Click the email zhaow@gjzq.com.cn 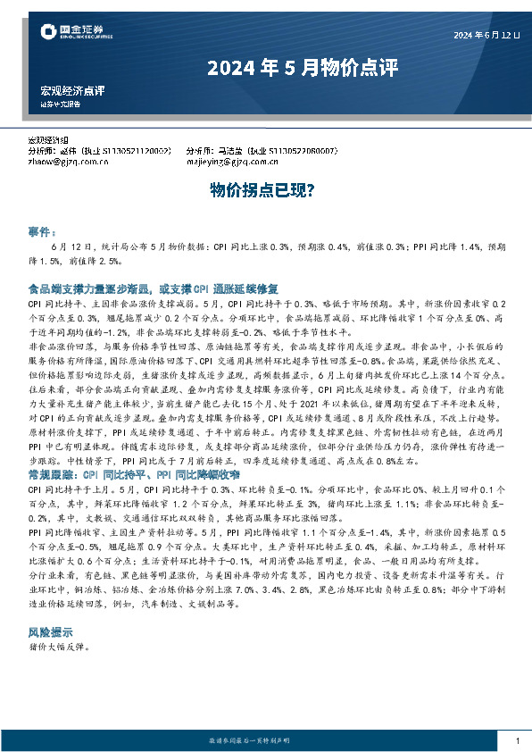tap(66, 162)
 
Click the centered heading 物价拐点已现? tap(265, 189)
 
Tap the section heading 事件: tap(43, 231)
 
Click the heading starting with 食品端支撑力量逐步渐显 tap(154, 288)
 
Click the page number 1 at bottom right tap(518, 741)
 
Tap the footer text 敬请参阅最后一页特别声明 tap(264, 741)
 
